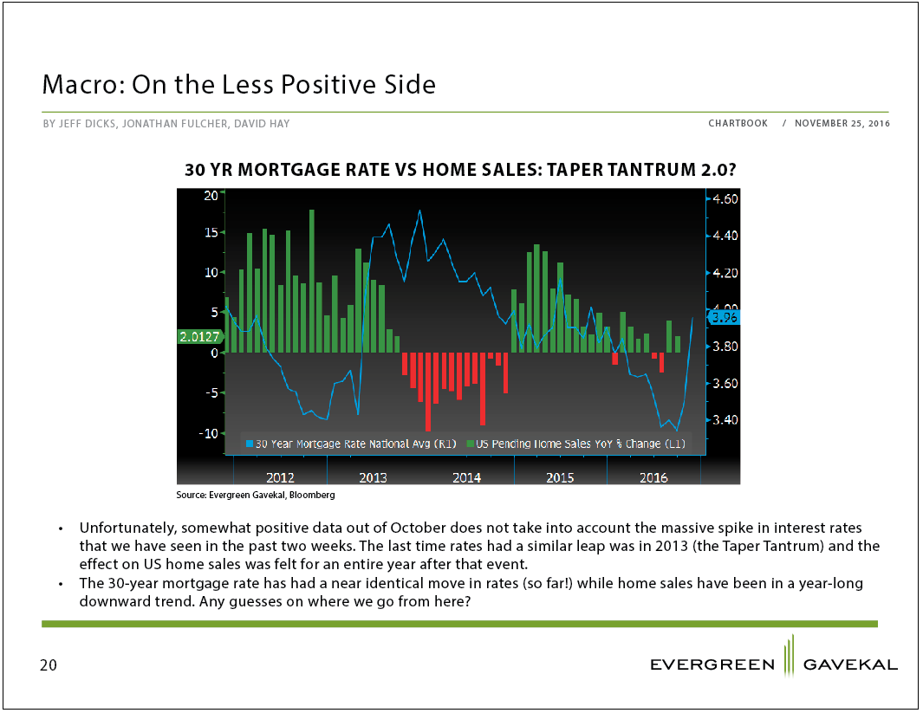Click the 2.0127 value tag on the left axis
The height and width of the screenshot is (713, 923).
click(199, 336)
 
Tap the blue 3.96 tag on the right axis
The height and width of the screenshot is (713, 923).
click(724, 318)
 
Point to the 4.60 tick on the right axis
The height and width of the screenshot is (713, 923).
click(725, 199)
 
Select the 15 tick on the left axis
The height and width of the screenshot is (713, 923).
click(211, 232)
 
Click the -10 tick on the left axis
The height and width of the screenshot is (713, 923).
click(208, 433)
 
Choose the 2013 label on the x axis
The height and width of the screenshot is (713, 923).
click(374, 477)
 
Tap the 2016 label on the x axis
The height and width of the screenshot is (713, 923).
click(653, 477)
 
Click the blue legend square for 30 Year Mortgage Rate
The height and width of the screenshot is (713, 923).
click(250, 444)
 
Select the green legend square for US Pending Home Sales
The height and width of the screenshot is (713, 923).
click(471, 444)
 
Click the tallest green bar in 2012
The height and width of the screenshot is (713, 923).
click(311, 282)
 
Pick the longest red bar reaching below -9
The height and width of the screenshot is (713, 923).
click(428, 392)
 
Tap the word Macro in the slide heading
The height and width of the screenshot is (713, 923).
click(83, 84)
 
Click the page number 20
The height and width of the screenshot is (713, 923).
click(49, 665)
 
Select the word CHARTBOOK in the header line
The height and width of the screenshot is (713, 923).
click(738, 124)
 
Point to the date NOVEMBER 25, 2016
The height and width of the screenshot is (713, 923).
click(842, 124)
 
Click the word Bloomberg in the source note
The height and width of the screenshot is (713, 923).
click(312, 495)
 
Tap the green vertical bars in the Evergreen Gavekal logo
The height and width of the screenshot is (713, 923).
click(789, 655)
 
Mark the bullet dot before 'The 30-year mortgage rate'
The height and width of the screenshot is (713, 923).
click(61, 585)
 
